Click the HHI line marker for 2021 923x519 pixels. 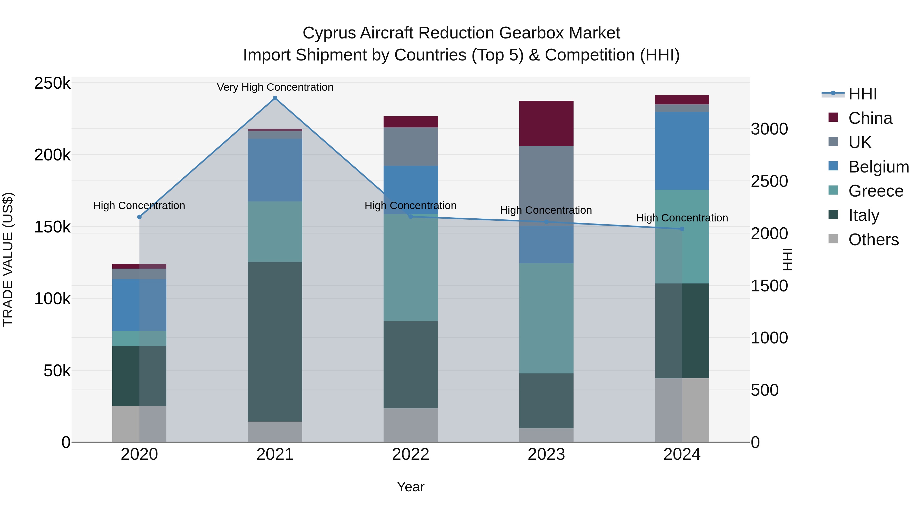pyautogui.click(x=275, y=98)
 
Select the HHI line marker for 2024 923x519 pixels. pyautogui.click(x=682, y=229)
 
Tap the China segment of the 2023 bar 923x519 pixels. pyautogui.click(x=546, y=124)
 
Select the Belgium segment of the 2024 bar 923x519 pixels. pyautogui.click(x=682, y=150)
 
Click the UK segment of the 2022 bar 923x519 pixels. pyautogui.click(x=411, y=147)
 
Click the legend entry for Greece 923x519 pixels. pyautogui.click(x=875, y=191)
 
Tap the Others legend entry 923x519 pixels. pyautogui.click(x=873, y=240)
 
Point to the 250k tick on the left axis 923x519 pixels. pyautogui.click(x=52, y=84)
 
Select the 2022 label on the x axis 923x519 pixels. pyautogui.click(x=411, y=454)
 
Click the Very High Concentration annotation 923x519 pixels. pyautogui.click(x=275, y=87)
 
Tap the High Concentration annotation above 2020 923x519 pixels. pyautogui.click(x=139, y=206)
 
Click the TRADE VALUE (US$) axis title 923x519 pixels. pyautogui.click(x=8, y=259)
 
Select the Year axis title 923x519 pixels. pyautogui.click(x=411, y=487)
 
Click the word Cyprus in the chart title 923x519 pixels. pyautogui.click(x=329, y=33)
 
